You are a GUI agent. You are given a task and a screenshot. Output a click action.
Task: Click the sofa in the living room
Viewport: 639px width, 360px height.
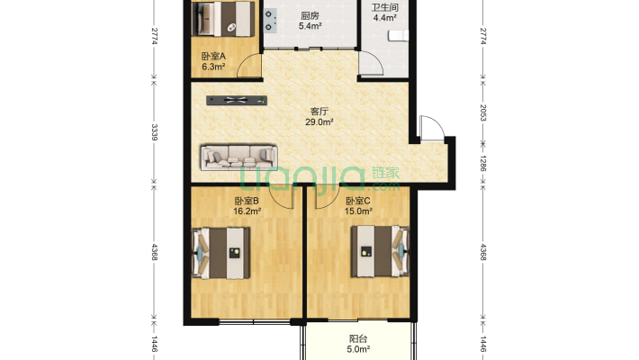click(x=238, y=157)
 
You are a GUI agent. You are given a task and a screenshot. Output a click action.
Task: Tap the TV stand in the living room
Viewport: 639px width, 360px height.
click(x=237, y=100)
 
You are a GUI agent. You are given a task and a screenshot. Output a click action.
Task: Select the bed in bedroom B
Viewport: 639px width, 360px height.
click(x=220, y=253)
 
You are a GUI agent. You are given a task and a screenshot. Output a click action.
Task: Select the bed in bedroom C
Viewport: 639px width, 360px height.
click(x=380, y=251)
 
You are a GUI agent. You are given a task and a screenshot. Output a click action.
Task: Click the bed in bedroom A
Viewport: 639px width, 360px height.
click(x=223, y=19)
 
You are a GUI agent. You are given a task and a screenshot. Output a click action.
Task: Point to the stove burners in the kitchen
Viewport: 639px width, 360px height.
click(x=269, y=21)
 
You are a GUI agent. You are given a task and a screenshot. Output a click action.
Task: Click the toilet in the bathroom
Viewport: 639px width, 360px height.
click(x=398, y=36)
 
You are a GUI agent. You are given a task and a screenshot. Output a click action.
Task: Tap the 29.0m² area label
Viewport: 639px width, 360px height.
click(x=319, y=121)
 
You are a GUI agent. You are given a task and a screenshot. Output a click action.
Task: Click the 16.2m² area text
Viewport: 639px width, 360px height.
click(x=247, y=211)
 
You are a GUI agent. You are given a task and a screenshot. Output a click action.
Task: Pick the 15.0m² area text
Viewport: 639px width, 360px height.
click(x=358, y=211)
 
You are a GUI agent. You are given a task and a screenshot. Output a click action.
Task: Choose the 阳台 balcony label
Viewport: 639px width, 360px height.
click(x=358, y=338)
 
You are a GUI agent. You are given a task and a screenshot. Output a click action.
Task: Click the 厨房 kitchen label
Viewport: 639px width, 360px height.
click(x=310, y=16)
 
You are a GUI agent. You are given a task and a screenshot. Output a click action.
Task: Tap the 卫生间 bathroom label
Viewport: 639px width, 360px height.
click(x=384, y=7)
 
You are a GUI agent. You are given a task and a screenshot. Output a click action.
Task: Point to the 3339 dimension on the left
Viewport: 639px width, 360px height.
click(x=155, y=132)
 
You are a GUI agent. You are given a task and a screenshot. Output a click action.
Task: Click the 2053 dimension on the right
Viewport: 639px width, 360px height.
click(x=483, y=112)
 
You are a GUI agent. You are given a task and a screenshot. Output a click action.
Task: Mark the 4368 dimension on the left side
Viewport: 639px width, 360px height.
click(x=155, y=252)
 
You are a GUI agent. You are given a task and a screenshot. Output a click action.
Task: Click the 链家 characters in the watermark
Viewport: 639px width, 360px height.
click(x=385, y=173)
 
